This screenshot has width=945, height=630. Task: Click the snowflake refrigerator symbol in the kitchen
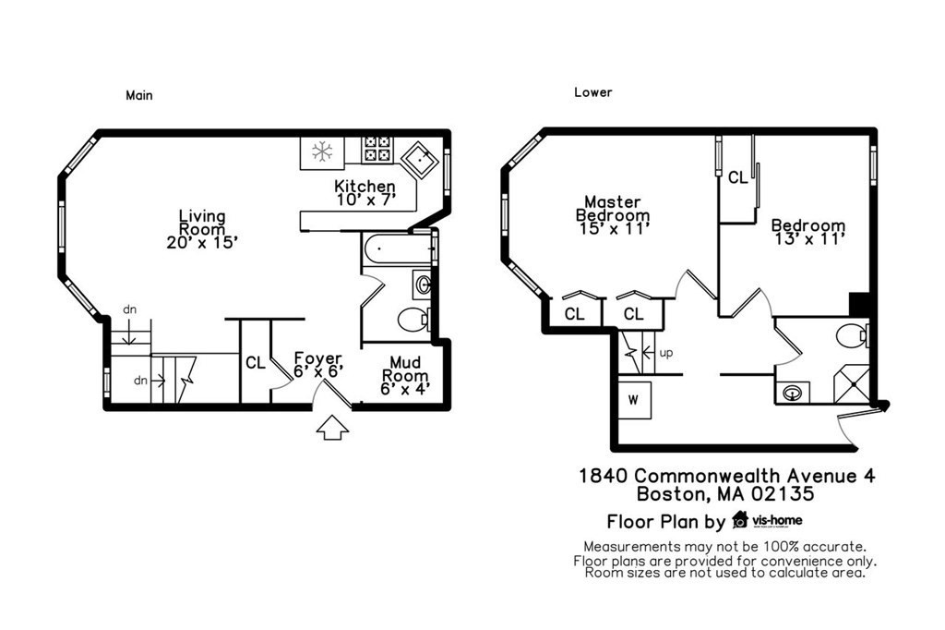tap(322, 151)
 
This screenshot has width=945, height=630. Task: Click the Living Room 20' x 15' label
tap(202, 229)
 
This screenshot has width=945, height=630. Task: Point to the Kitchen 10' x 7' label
tap(365, 193)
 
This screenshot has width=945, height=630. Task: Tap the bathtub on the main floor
tap(398, 250)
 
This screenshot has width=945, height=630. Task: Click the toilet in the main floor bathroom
tap(412, 320)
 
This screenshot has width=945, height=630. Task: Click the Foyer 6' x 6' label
tap(317, 364)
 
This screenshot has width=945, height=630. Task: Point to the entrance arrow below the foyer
tap(332, 428)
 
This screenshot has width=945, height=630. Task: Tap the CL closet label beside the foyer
tap(256, 363)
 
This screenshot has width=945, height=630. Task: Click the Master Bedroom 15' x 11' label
tap(612, 214)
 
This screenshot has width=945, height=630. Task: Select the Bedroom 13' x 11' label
tap(807, 231)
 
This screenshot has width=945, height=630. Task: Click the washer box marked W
tap(634, 400)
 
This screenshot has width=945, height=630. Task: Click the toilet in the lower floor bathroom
tap(852, 336)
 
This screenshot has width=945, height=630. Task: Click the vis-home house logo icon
tap(739, 519)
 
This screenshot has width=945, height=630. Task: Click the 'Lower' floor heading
tap(592, 92)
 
